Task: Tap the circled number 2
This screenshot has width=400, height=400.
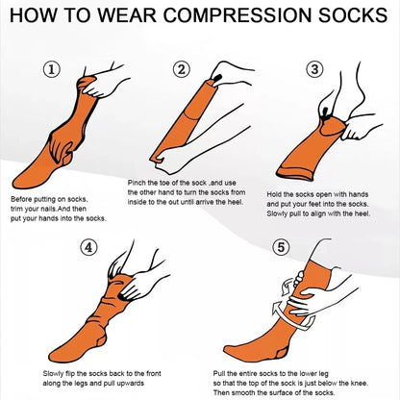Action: (180, 69)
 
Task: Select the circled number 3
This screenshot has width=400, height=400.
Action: (313, 69)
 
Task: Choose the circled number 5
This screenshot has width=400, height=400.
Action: (279, 246)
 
